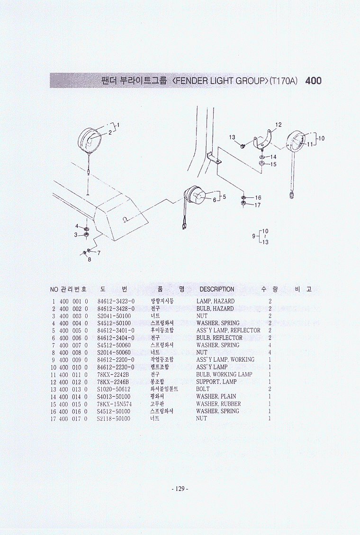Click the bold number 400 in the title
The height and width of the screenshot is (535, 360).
313,81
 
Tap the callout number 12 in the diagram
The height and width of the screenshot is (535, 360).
279,125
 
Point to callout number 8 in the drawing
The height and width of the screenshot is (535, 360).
90,259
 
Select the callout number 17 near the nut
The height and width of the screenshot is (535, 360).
257,205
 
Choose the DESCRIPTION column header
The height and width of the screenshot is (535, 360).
216,289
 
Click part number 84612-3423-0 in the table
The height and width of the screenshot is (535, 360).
116,301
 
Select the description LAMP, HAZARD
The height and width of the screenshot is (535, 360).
216,301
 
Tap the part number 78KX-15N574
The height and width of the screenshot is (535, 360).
114,404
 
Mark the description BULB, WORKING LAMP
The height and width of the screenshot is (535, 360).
225,374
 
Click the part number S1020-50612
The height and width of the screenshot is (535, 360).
114,389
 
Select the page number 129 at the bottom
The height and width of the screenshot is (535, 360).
180,489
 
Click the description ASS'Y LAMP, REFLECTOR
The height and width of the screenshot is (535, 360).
228,330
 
